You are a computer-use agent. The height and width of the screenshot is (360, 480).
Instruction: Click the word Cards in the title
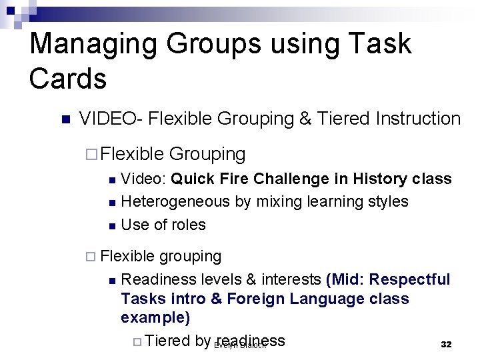pyautogui.click(x=67, y=79)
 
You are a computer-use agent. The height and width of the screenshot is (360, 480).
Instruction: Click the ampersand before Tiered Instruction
pyautogui.click(x=305, y=119)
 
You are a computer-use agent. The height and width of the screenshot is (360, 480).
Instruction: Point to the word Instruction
pyautogui.click(x=418, y=119)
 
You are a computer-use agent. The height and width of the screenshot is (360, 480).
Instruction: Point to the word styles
pyautogui.click(x=387, y=201)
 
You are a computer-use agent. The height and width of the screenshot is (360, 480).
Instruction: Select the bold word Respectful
pyautogui.click(x=409, y=279)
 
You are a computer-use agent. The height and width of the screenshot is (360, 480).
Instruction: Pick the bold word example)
pyautogui.click(x=155, y=317)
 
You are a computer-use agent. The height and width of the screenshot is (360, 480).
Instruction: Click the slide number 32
pyautogui.click(x=446, y=345)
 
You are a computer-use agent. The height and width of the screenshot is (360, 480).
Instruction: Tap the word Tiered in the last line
pyautogui.click(x=167, y=341)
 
